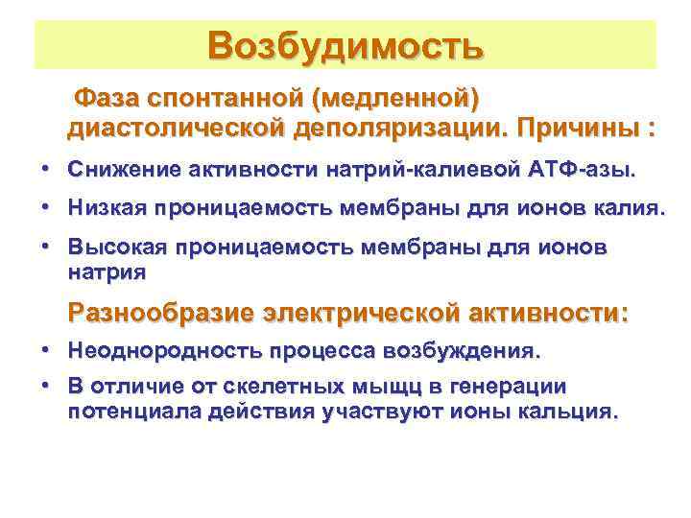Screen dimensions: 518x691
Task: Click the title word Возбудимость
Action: point(345,44)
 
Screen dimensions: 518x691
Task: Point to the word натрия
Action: point(107,271)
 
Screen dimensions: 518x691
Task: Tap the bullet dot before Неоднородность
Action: point(46,351)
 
